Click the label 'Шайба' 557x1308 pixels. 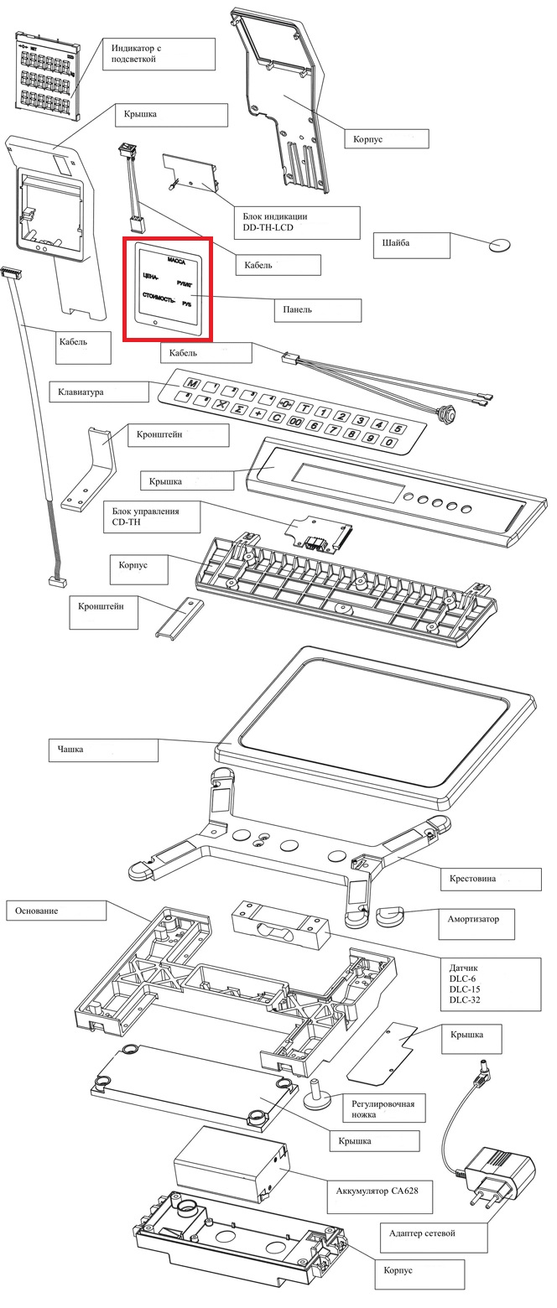396,243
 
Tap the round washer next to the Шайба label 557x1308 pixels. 500,246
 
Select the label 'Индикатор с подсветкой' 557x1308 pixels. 136,53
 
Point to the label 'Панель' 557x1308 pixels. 298,309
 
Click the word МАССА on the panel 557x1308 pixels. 176,261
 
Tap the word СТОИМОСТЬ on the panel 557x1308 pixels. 159,297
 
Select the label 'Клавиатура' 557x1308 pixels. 81,392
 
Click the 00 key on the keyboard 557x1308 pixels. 295,421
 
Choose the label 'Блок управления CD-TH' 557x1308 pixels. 145,516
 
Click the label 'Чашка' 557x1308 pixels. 70,750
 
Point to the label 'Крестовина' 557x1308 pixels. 473,878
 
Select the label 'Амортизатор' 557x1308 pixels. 473,918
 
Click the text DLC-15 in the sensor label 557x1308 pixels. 465,989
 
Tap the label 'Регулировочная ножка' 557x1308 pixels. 383,1109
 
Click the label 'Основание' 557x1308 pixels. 36,911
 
